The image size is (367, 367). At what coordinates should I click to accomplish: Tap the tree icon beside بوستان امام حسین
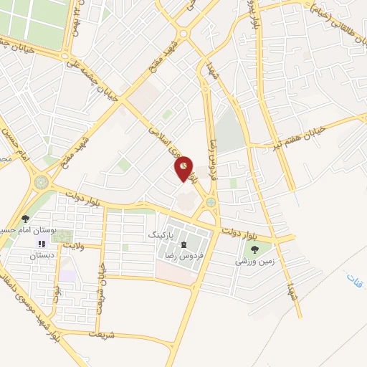[x=26, y=219]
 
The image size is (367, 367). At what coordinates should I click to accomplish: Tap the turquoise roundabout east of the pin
[x=211, y=203]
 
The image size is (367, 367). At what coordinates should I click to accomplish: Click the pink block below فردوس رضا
[x=172, y=271]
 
